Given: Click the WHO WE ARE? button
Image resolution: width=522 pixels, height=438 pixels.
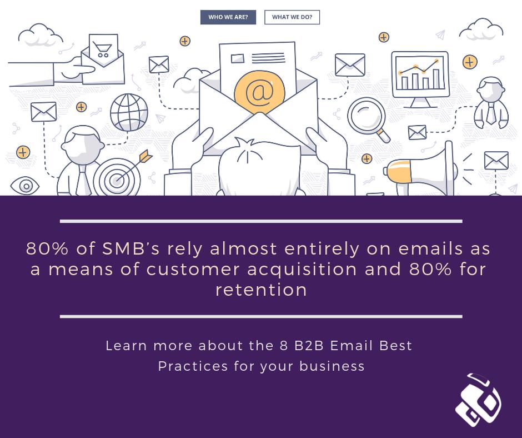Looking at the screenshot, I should [228, 17].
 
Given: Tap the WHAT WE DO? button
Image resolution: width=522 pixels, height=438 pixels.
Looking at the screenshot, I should [292, 17].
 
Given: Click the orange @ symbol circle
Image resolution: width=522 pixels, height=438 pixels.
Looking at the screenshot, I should [259, 92].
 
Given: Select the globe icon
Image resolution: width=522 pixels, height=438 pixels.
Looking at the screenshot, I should [129, 112].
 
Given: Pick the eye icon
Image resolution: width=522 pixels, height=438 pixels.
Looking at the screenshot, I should [25, 186].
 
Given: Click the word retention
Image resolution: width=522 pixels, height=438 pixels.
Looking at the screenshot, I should [261, 290].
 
